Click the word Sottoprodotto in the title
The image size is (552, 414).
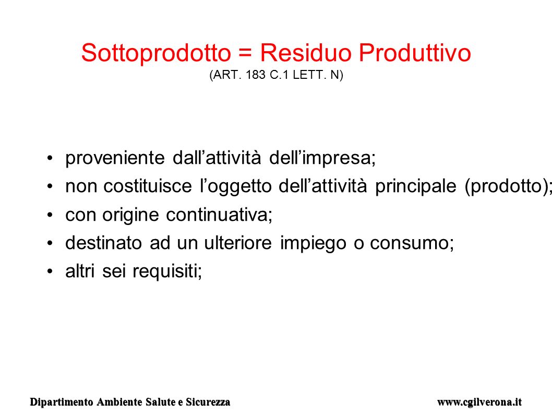(x=156, y=53)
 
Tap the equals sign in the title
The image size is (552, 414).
(x=245, y=53)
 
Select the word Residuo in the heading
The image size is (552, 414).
(x=306, y=53)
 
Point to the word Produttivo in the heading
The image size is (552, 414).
(x=415, y=53)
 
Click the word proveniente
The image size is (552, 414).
(x=115, y=158)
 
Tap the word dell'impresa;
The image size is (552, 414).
(x=322, y=158)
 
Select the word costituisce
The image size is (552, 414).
(x=148, y=186)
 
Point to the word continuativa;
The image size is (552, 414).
(x=219, y=215)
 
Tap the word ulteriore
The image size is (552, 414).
(x=238, y=243)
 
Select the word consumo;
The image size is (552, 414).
(x=412, y=243)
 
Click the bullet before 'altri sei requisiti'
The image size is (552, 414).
(x=50, y=271)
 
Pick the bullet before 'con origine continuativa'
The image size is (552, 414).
(x=50, y=215)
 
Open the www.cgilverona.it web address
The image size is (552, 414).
(x=479, y=403)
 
